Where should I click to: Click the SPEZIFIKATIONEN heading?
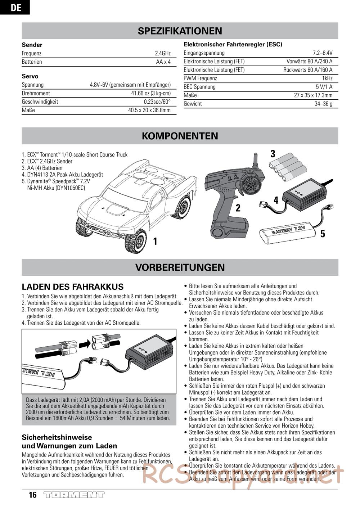coord(180,31)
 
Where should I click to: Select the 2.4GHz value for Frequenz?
coord(163,53)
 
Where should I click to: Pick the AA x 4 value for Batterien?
coord(163,62)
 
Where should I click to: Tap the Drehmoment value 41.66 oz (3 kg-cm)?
coord(151,93)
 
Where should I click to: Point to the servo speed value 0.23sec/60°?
coord(157,102)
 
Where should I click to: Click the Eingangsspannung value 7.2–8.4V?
coord(323,53)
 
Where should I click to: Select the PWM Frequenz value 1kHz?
coord(327,78)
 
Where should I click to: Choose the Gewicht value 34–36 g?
coord(323,104)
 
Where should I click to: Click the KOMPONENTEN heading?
coord(180,136)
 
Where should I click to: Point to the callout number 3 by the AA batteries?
coord(273,154)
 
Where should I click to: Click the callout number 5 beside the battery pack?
coord(323,234)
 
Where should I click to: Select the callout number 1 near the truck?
coord(155,241)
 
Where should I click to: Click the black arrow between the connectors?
coord(85,344)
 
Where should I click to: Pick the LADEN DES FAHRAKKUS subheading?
coord(73,287)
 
